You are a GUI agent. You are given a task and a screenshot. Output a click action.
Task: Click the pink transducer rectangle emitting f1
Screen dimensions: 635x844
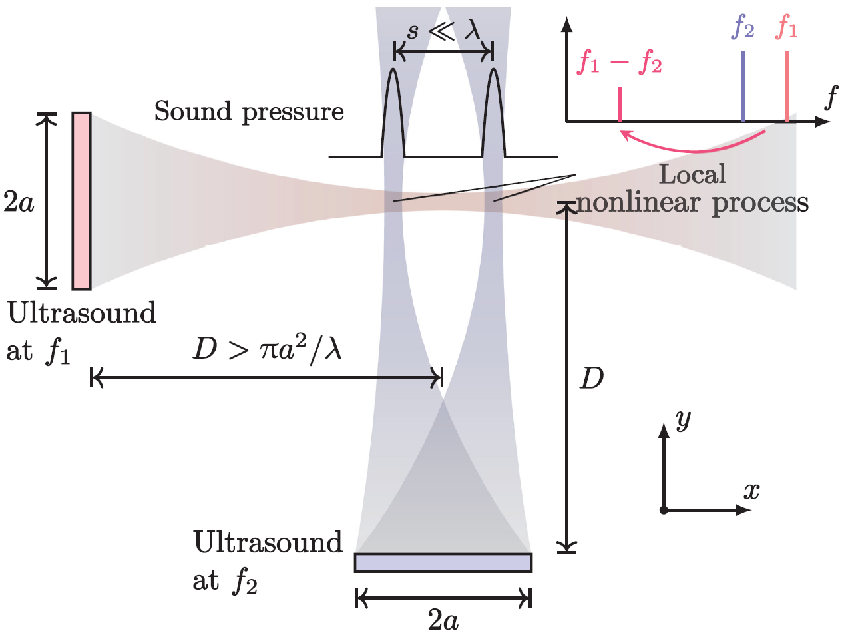(81, 201)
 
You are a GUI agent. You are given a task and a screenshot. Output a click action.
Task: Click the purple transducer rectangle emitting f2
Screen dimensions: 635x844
(443, 563)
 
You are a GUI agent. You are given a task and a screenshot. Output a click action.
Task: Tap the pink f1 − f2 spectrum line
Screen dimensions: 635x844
(620, 105)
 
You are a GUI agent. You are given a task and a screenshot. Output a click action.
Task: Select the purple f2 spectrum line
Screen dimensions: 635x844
(743, 87)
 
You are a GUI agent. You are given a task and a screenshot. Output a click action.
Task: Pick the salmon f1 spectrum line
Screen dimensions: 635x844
(787, 87)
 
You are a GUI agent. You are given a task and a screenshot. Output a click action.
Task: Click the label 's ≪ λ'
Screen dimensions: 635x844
(443, 31)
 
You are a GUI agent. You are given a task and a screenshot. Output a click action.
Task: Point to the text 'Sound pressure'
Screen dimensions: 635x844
(249, 112)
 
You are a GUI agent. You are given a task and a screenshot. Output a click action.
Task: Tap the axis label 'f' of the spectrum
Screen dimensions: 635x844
(831, 98)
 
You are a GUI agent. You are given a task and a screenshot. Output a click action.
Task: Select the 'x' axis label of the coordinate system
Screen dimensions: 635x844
(751, 491)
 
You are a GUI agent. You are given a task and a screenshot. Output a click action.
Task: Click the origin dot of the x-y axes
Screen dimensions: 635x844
(664, 510)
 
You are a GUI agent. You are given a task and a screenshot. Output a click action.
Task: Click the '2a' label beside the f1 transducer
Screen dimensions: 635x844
(19, 201)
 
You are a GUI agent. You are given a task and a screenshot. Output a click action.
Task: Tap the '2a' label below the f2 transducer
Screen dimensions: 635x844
(443, 620)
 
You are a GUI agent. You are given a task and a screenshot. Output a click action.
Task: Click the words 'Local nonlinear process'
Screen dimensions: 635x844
(692, 189)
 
